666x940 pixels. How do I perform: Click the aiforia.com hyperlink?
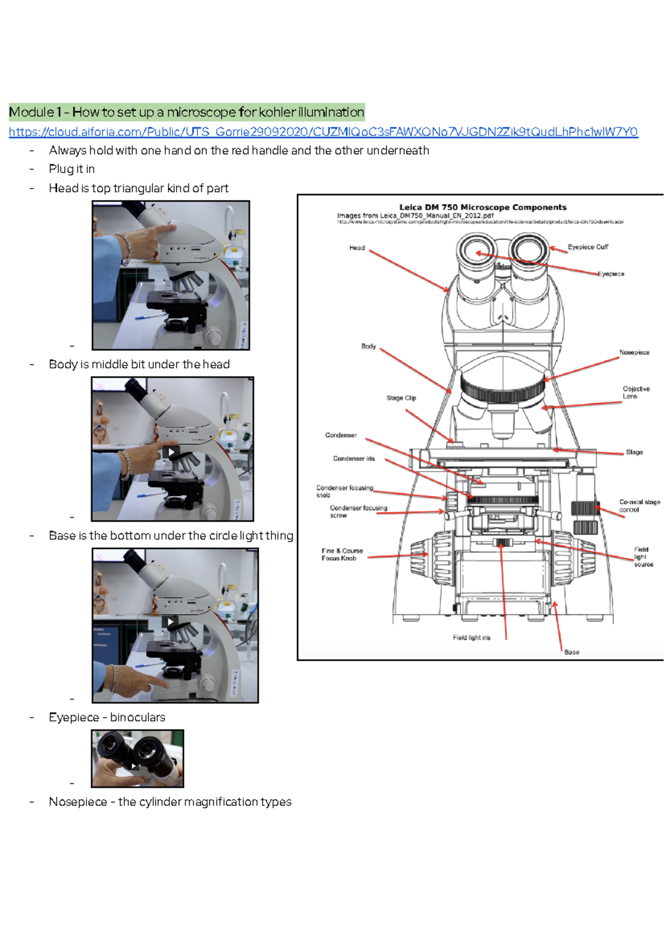coord(323,132)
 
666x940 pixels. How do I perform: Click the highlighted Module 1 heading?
coord(186,112)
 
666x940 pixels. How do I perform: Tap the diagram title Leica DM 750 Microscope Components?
coord(483,207)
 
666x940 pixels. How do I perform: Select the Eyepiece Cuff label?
coord(588,247)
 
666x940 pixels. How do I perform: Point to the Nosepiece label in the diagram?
coord(634,352)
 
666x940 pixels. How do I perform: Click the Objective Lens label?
coord(635,392)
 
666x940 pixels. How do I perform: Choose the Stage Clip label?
coord(401,398)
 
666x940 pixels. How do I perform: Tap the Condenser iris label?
coord(354,458)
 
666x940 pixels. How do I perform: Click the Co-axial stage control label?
coord(639,506)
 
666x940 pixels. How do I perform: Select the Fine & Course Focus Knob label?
coord(341,554)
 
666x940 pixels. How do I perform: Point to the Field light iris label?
coord(471,638)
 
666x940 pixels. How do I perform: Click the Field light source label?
coord(643,557)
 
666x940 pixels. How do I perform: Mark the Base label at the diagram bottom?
coord(572,652)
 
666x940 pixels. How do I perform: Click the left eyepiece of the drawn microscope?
coord(477,252)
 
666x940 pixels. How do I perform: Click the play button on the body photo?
coord(171,452)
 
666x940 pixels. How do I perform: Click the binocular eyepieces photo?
coord(137,758)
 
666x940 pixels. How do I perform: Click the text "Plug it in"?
coord(72,169)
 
